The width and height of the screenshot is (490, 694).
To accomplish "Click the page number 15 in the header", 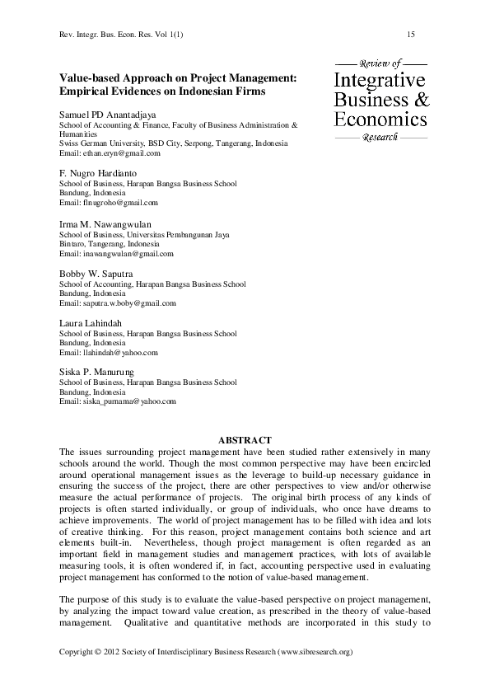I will point(410,34).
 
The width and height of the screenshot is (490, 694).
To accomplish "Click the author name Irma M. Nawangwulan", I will point(105,223).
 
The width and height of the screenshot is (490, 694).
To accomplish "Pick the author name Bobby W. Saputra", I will point(96,274).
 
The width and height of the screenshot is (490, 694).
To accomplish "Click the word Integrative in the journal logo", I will point(380,80).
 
